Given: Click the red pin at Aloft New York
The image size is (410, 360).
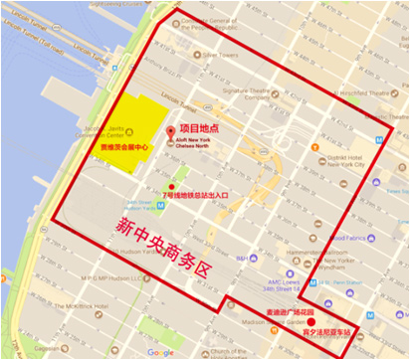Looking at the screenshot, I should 170,133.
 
